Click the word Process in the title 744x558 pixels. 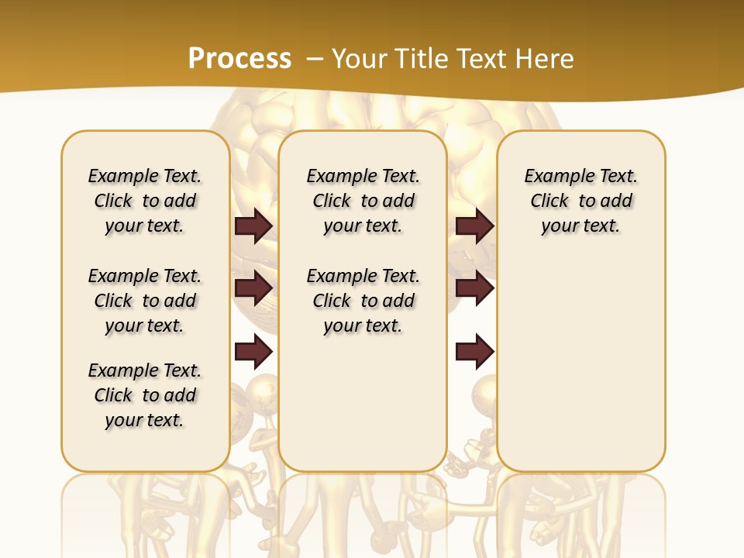click(x=239, y=59)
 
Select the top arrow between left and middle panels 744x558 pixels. click(x=253, y=226)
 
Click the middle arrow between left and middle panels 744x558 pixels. click(x=253, y=288)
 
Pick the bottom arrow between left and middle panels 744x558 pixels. click(x=253, y=353)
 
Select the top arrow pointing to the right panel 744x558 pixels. click(x=475, y=226)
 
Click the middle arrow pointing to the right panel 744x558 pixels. click(x=475, y=288)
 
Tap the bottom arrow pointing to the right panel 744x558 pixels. click(x=475, y=353)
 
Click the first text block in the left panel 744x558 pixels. click(x=145, y=201)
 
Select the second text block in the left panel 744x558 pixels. click(x=145, y=301)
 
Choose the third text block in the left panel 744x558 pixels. click(x=145, y=395)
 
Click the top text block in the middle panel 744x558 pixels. click(x=363, y=201)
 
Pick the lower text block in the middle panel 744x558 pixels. click(x=363, y=301)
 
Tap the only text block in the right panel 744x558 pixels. click(x=580, y=201)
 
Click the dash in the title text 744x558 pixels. click(x=315, y=59)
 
